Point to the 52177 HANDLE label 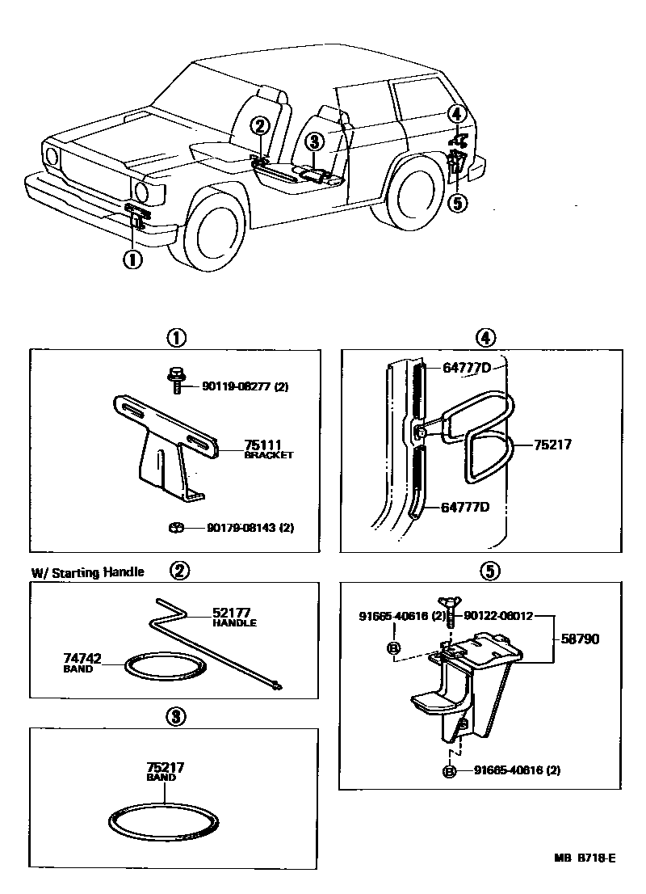(234, 618)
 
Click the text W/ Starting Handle (87, 572)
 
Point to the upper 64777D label (466, 368)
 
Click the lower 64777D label (466, 508)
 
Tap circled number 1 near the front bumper (131, 259)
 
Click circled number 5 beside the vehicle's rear (457, 202)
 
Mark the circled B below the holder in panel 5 (450, 771)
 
